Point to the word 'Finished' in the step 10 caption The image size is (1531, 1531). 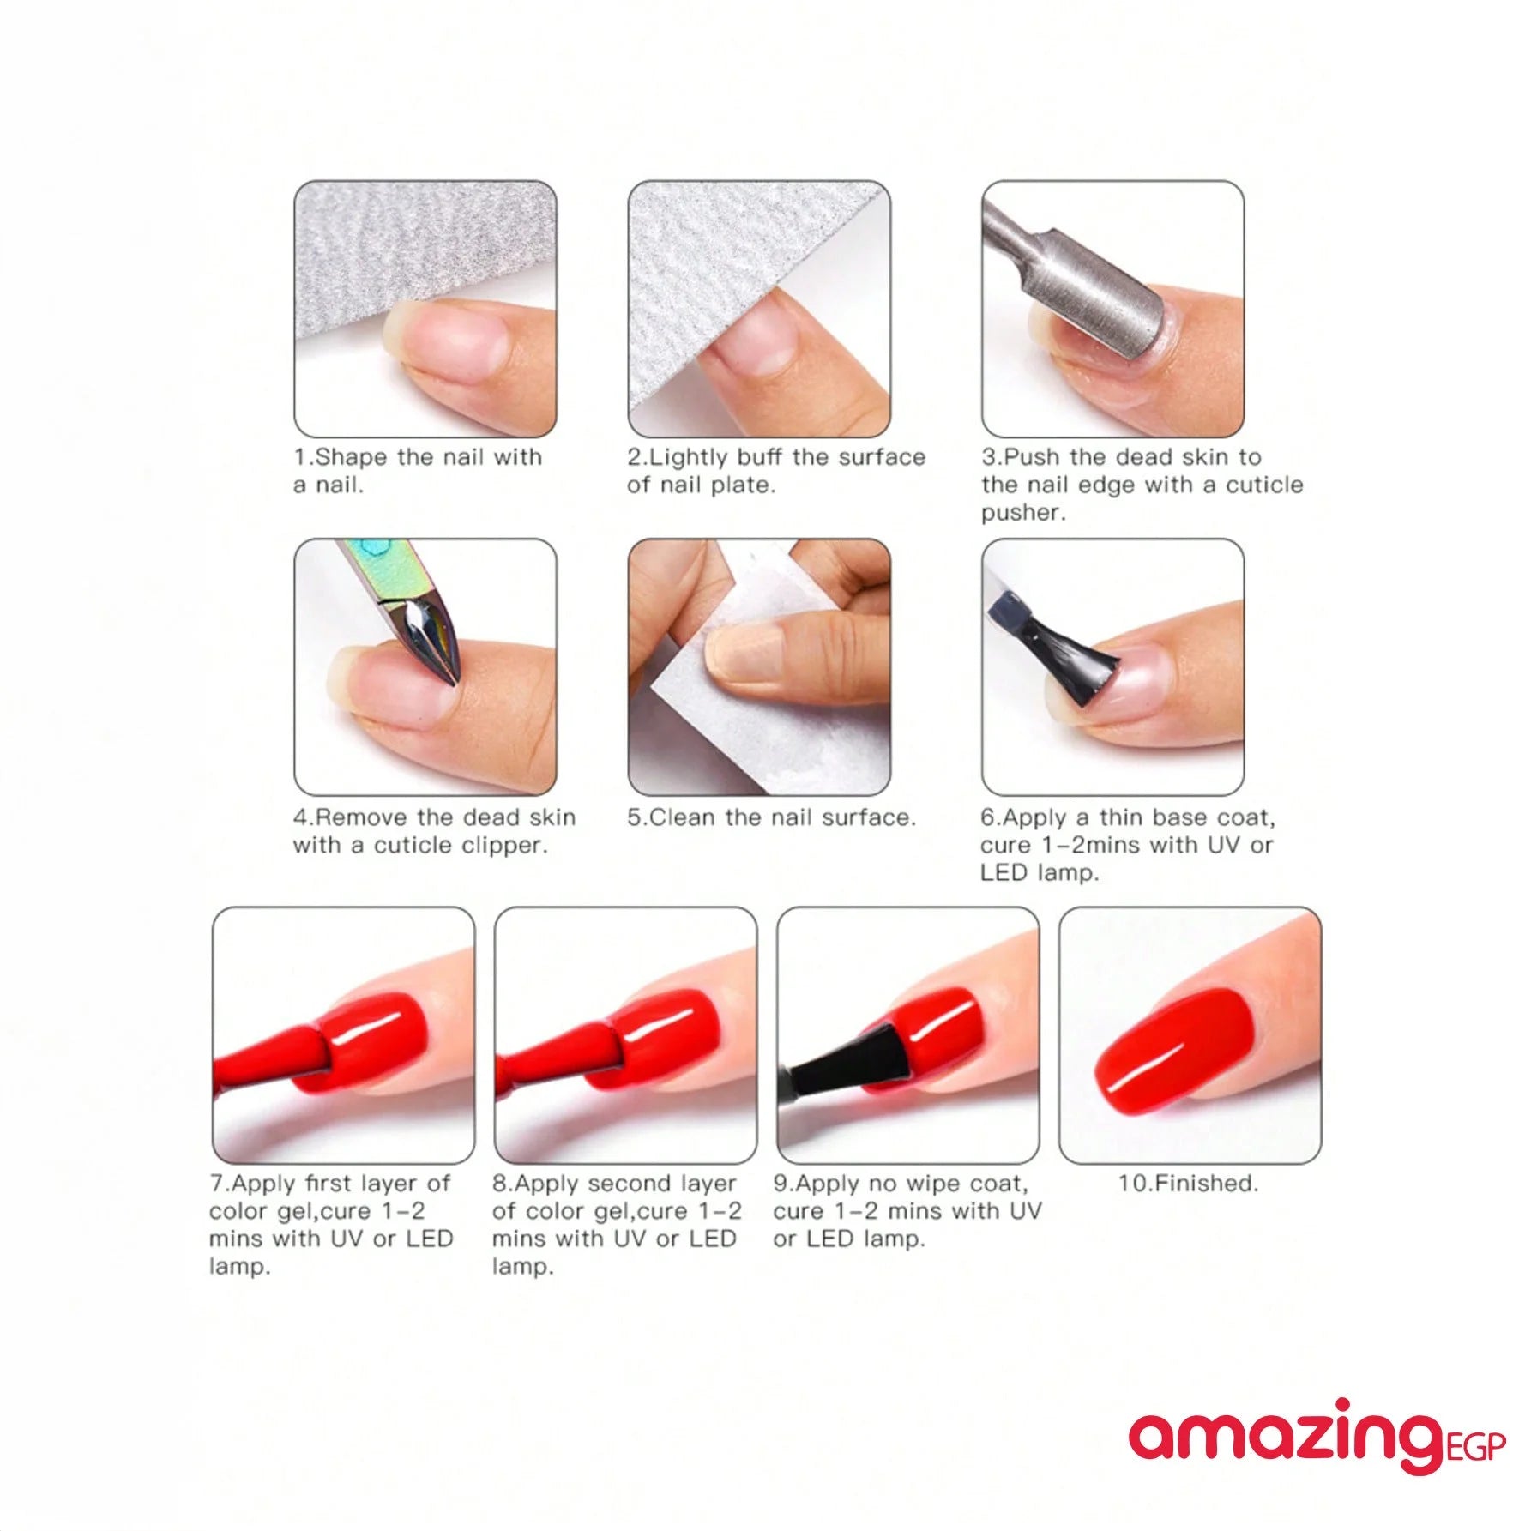coord(1204,1184)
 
